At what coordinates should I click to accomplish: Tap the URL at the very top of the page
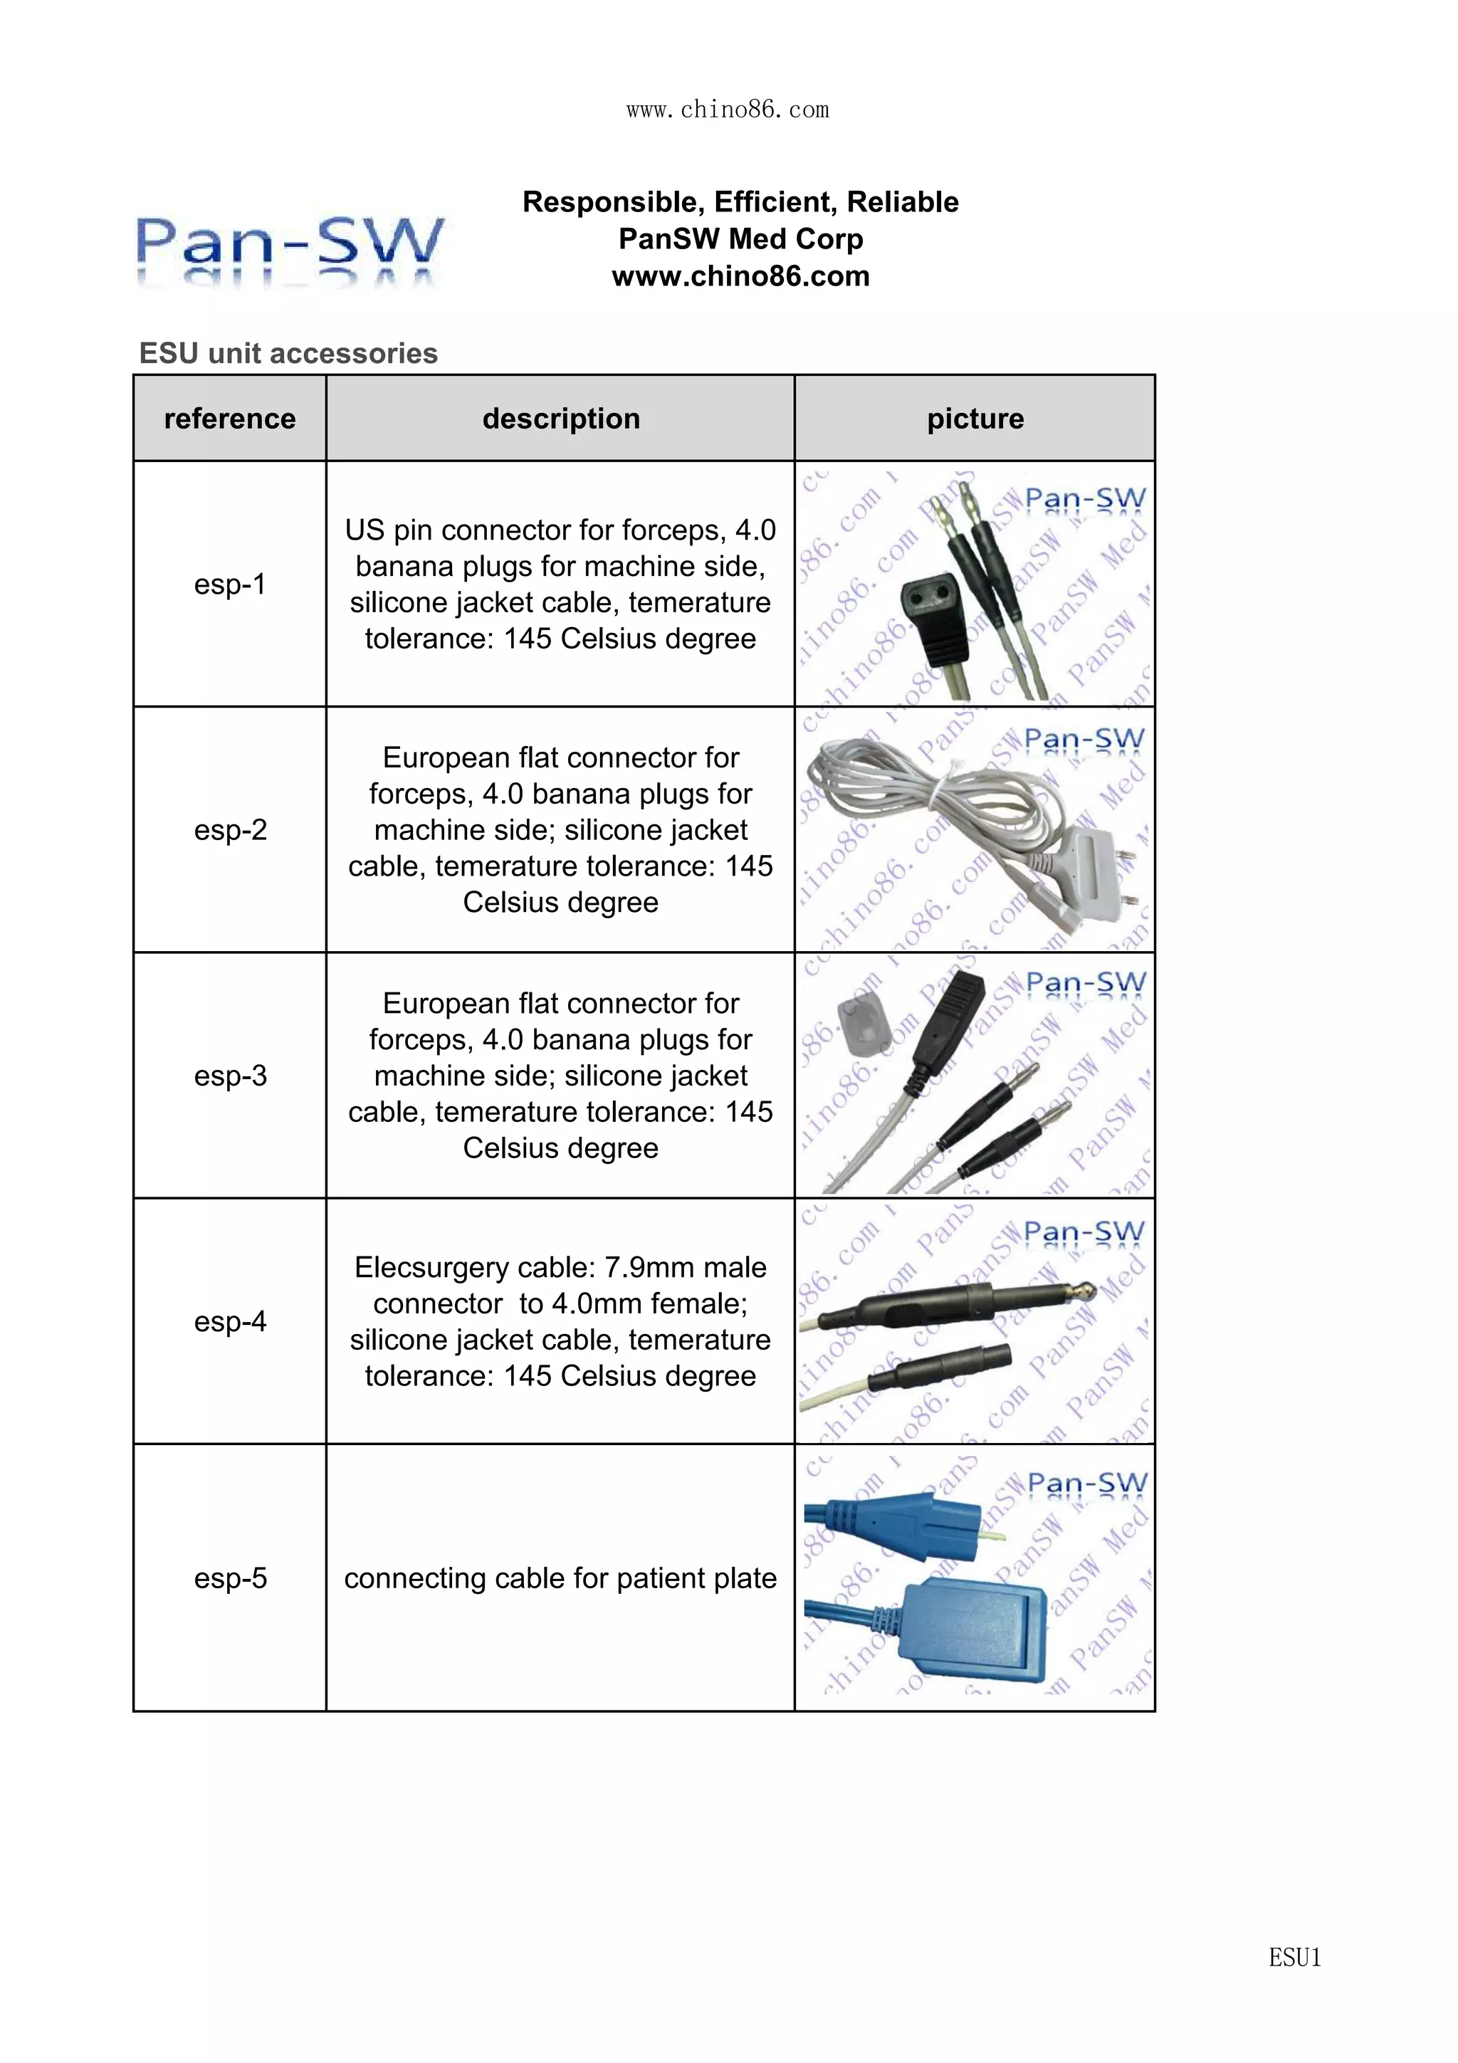(728, 110)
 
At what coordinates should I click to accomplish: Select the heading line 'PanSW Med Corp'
(740, 239)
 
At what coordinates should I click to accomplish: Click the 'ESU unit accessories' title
(288, 353)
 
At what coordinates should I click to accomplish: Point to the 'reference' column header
(230, 419)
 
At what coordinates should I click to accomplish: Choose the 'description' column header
(560, 419)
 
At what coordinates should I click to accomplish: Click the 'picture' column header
(975, 419)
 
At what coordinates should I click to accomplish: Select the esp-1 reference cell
(230, 584)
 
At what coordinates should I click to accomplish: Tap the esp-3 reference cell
(230, 1076)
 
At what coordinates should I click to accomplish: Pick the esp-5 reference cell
(230, 1578)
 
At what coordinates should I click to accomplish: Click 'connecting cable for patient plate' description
(560, 1578)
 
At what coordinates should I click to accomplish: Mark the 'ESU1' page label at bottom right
(1294, 1957)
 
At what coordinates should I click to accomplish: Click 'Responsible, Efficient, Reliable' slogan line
(740, 202)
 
